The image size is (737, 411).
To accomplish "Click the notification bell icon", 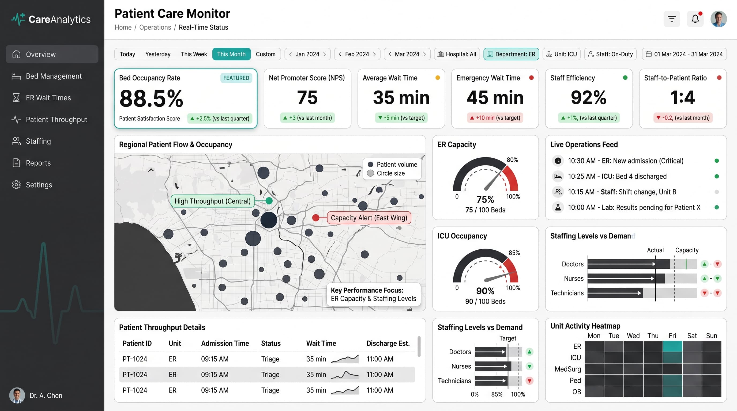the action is (695, 19).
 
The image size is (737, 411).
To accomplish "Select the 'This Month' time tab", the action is (231, 54).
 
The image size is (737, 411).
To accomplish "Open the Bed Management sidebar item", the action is (54, 76).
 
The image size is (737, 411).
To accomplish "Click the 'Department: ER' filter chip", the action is (511, 54).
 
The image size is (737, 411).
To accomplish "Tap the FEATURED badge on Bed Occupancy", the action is (236, 78).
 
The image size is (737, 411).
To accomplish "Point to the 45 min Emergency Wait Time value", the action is (495, 97).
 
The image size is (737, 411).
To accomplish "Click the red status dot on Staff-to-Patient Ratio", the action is (719, 78).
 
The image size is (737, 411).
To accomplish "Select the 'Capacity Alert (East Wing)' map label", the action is (369, 218).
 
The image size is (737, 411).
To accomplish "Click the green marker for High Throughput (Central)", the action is (269, 201).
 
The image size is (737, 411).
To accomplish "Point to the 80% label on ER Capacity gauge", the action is (512, 160).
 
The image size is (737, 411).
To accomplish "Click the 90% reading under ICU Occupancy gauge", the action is (485, 291).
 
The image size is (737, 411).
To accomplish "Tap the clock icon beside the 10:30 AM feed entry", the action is (558, 161).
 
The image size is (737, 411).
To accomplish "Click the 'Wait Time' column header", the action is (321, 343).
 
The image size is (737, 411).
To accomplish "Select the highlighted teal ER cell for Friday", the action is (672, 347).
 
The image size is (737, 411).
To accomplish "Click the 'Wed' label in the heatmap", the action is (633, 336).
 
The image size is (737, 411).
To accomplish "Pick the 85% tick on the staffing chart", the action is (497, 394).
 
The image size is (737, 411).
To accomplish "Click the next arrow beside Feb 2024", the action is (374, 54).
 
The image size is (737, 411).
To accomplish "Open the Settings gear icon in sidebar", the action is (16, 185).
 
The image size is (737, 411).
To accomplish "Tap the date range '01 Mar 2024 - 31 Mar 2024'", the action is (688, 54).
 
